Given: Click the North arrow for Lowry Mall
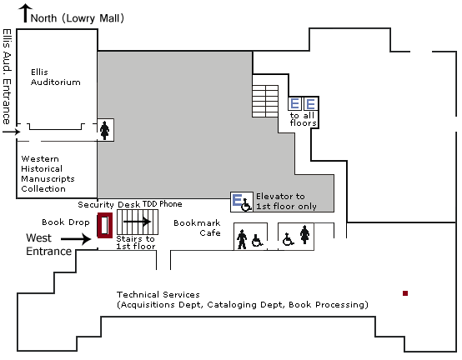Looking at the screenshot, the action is (26, 13).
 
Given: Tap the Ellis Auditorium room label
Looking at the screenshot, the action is (55, 77).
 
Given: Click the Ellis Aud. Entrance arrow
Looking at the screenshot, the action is (12, 132).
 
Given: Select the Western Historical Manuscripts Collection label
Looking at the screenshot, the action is (48, 173).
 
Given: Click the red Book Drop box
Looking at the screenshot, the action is (105, 225).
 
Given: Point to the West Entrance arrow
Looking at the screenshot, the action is (76, 238).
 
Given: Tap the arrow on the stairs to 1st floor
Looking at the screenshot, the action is (138, 222).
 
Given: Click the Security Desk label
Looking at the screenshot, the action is (108, 204).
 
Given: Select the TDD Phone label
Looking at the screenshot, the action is (162, 204).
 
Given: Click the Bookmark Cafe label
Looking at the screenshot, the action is (197, 227).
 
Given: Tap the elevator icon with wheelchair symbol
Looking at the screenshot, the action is (242, 202).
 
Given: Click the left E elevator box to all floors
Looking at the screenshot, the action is (295, 103).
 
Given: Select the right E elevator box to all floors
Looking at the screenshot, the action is (310, 103).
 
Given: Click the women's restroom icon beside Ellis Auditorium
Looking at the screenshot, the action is (105, 130).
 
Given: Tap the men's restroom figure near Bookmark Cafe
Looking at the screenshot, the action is (242, 239).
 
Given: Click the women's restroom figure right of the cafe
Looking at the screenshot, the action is (304, 234).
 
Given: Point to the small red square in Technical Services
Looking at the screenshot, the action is (405, 293).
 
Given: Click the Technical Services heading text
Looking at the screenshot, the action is (158, 294).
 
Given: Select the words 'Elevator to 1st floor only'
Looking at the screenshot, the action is (286, 202).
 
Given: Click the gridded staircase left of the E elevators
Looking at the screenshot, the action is (265, 102).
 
